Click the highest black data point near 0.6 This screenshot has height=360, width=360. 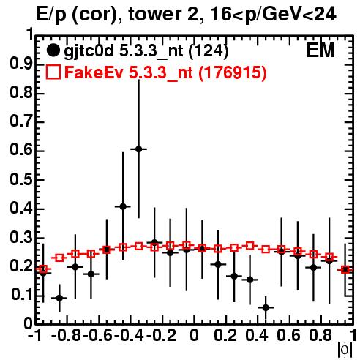[x=139, y=149]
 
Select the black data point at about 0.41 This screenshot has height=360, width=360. [x=123, y=206]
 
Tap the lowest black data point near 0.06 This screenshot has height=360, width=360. [x=266, y=307]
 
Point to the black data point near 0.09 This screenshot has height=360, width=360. [x=59, y=298]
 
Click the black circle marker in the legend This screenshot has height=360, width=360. [x=53, y=50]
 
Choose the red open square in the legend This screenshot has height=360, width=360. [x=53, y=72]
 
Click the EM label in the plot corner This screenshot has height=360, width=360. [x=320, y=50]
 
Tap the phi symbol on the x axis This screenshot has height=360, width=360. [x=345, y=350]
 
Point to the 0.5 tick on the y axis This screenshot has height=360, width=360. [x=21, y=180]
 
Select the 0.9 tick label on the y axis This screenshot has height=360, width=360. [x=21, y=64]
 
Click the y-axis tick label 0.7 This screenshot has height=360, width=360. [x=21, y=121]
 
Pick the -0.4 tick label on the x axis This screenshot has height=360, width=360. [x=129, y=335]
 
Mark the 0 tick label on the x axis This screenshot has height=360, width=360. [x=194, y=335]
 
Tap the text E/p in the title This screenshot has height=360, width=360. [x=50, y=15]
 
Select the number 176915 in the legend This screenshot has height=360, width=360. [x=233, y=72]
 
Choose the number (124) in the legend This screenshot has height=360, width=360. [x=209, y=51]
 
